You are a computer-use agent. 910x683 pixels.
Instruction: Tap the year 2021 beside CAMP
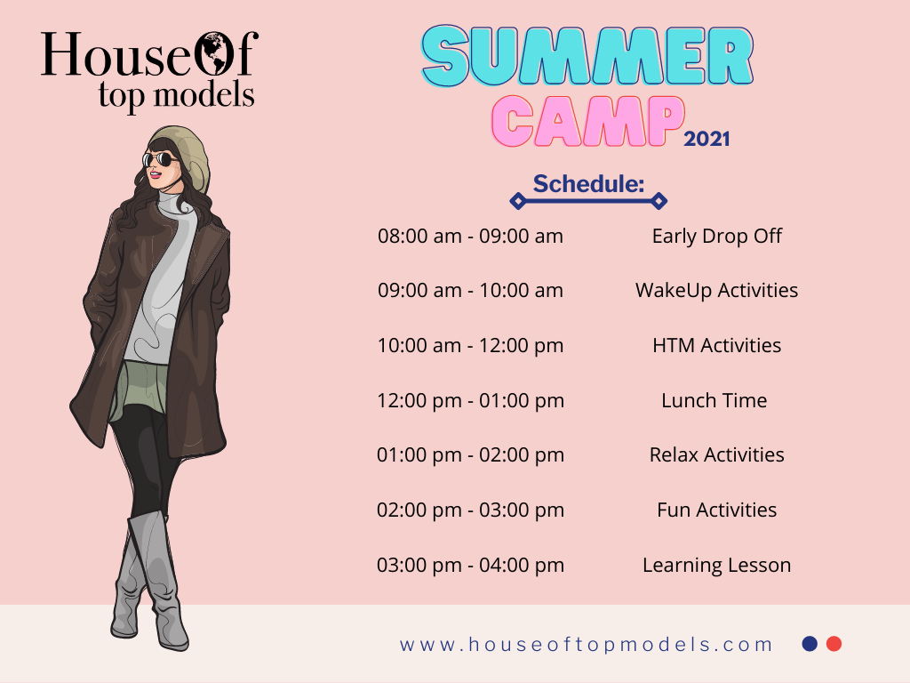tap(706, 139)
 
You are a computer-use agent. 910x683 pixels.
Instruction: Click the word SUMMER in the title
tap(587, 56)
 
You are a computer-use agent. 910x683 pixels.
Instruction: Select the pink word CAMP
tap(588, 121)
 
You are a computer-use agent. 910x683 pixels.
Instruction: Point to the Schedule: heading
tap(588, 183)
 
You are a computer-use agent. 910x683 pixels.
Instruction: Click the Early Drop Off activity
tap(717, 237)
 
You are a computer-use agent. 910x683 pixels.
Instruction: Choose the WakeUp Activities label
tap(717, 291)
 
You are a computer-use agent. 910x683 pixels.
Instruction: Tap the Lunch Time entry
tap(714, 400)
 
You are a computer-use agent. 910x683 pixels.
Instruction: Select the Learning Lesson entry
tap(717, 565)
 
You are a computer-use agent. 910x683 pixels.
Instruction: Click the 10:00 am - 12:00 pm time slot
tap(471, 346)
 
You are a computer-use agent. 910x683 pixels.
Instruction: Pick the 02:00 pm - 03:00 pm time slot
tap(471, 510)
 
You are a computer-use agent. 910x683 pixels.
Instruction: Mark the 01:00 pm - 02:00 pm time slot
tap(471, 454)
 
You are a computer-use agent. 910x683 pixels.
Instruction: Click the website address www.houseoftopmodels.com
tap(587, 644)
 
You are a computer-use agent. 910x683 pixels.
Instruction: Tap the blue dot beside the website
tap(810, 644)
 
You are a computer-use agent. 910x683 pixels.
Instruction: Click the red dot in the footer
tap(834, 644)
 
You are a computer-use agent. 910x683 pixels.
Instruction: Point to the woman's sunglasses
tap(160, 159)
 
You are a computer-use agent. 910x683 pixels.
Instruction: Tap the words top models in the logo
tap(177, 95)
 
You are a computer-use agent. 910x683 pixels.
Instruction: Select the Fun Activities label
tap(717, 510)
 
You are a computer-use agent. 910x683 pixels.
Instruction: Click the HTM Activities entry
tap(717, 346)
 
